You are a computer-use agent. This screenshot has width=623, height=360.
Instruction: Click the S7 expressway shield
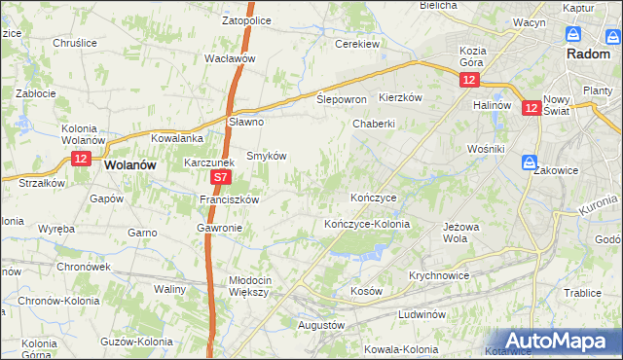[221, 178]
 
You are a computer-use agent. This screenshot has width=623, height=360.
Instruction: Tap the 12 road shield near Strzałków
[81, 159]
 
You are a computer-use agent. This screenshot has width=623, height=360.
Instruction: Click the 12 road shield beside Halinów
[531, 110]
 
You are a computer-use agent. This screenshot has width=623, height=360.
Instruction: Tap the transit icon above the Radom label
[574, 34]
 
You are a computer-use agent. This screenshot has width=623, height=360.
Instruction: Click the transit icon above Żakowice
[529, 162]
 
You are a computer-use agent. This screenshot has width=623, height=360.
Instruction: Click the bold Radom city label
[588, 54]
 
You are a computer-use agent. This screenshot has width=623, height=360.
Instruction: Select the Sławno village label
[246, 122]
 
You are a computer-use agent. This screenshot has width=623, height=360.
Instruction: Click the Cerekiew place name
[356, 44]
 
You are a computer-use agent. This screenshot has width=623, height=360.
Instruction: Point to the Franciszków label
[228, 198]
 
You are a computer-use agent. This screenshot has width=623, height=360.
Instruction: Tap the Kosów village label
[366, 291]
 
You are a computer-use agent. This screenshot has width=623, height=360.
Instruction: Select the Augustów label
[321, 324]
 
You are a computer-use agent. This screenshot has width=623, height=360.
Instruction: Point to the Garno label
[142, 233]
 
